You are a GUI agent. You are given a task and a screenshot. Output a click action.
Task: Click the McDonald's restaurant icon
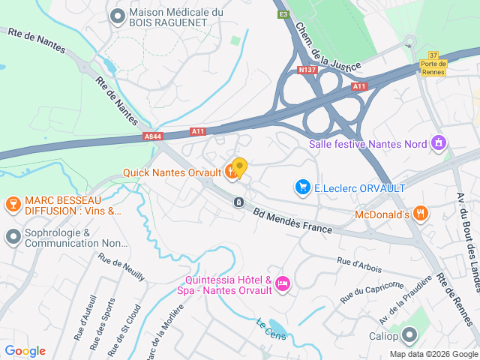[x=421, y=214]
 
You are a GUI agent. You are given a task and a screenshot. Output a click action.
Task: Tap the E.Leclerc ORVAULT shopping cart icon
[x=303, y=187]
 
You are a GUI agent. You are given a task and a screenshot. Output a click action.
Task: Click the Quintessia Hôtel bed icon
[x=282, y=283]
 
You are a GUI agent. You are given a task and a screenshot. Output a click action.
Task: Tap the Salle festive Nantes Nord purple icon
[x=439, y=142]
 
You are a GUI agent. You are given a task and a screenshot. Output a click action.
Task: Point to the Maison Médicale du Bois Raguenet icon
[x=117, y=16]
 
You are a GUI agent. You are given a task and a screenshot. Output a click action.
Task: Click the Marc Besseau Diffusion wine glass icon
[x=12, y=204]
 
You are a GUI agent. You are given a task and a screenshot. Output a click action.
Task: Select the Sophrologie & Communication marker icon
[x=12, y=237]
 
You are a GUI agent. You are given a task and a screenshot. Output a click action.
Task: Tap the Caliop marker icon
[x=409, y=334]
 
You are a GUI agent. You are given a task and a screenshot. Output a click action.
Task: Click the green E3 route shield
[x=283, y=14]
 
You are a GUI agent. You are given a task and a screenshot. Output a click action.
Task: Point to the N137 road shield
[x=307, y=70]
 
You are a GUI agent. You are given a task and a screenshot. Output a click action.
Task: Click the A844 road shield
[x=152, y=136]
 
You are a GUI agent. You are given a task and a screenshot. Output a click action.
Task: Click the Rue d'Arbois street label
[x=359, y=264]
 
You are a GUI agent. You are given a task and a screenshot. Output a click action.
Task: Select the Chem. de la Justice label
[x=314, y=44]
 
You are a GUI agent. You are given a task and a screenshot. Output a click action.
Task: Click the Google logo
[x=25, y=350]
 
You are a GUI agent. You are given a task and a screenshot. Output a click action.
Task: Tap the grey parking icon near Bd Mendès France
[x=238, y=202]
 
